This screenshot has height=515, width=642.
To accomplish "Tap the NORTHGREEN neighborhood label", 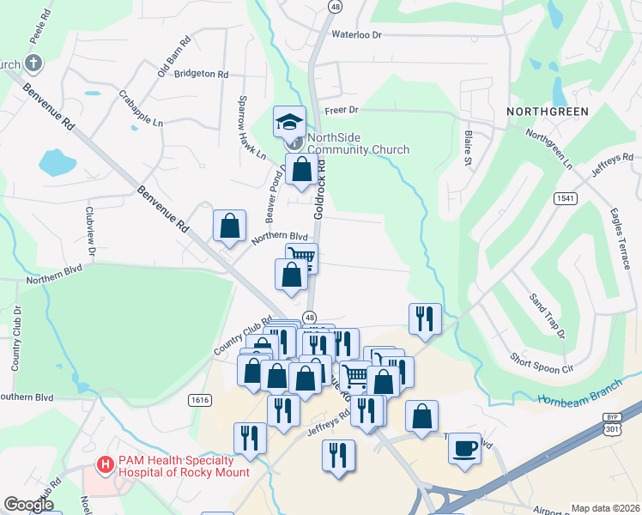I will pos(548,112).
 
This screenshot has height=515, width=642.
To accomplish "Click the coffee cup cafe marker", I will pos(464,448).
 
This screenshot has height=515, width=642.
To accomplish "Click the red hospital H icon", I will pos(106,465).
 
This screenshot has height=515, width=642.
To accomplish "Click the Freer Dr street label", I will pos(341,110).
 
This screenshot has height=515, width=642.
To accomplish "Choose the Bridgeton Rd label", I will pos(201,75).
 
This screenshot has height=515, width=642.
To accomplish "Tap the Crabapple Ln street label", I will pos(141,109).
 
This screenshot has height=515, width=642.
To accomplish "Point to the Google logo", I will pos(28,505).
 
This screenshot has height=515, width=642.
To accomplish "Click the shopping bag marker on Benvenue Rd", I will pos(230,227).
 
